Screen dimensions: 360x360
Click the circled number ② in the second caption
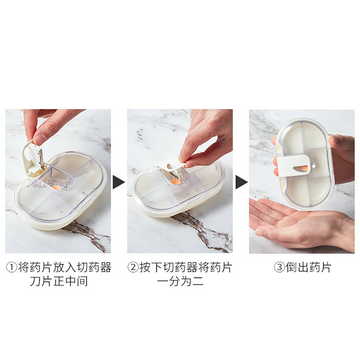pyautogui.click(x=133, y=268)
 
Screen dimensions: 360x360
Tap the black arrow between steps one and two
pyautogui.click(x=118, y=182)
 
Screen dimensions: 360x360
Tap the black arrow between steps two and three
pyautogui.click(x=241, y=182)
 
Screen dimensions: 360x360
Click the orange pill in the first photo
pyautogui.click(x=57, y=187)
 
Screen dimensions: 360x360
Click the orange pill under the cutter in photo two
pyautogui.click(x=176, y=181)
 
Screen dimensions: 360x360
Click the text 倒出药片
pyautogui.click(x=308, y=268)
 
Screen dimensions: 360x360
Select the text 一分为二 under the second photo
pyautogui.click(x=180, y=282)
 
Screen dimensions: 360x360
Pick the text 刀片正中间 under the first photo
pyautogui.click(x=58, y=282)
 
